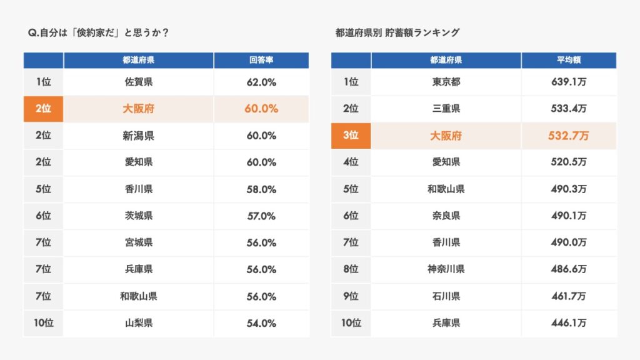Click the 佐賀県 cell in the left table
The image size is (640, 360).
tap(138, 82)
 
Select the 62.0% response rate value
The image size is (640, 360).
tap(261, 82)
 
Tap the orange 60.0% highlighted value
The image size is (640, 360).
tap(261, 109)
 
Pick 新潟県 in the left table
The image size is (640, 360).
tap(138, 136)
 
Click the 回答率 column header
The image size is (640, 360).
tap(261, 61)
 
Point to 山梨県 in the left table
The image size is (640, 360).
tap(138, 323)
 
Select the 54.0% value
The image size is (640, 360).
tap(261, 323)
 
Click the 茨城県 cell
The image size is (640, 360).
tap(138, 216)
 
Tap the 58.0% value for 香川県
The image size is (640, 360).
tap(261, 189)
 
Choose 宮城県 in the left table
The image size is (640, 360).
tap(138, 242)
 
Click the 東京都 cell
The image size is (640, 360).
tap(446, 82)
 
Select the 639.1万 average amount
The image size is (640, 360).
tap(569, 82)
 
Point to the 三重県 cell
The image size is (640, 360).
tap(446, 109)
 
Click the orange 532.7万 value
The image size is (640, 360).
tap(569, 136)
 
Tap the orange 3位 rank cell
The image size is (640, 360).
tap(351, 136)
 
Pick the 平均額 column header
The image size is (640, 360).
tap(569, 61)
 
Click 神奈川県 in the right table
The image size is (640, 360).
tap(446, 269)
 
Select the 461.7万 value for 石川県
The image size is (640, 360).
tap(569, 296)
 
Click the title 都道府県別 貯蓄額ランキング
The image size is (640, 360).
tap(397, 32)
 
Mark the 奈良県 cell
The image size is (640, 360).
tap(446, 216)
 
